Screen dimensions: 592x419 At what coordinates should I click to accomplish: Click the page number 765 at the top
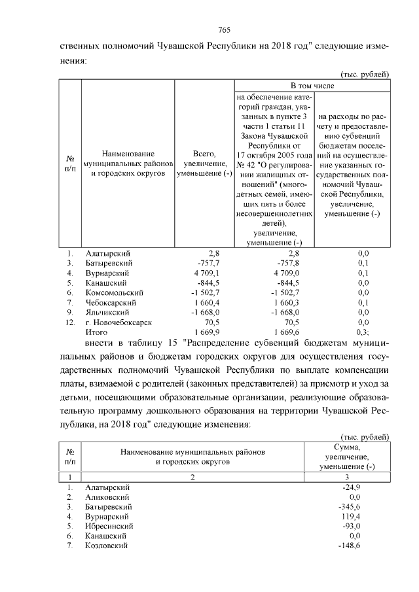pyautogui.click(x=223, y=30)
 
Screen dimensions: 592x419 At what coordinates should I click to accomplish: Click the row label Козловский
pyautogui.click(x=107, y=545)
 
